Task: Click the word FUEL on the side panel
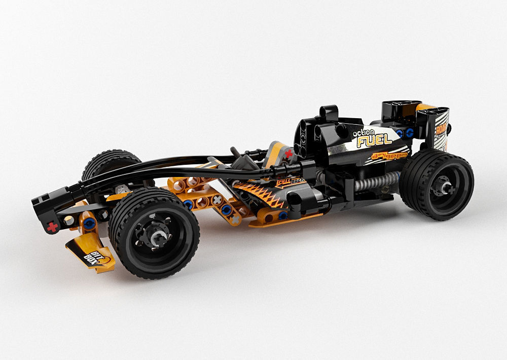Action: click(x=375, y=139)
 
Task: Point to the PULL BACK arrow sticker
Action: click(x=291, y=182)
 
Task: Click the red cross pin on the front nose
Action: click(x=52, y=227)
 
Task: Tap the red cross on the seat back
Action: click(x=288, y=154)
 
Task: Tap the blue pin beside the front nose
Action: click(x=90, y=223)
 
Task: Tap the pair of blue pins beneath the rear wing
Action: click(x=405, y=133)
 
